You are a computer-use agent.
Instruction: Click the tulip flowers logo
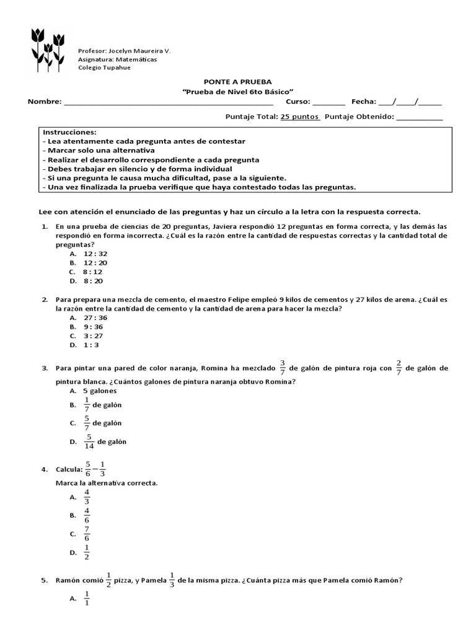pyautogui.click(x=48, y=47)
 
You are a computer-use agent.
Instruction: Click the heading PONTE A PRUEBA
pyautogui.click(x=238, y=82)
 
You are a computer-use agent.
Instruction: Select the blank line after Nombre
pyautogui.click(x=167, y=102)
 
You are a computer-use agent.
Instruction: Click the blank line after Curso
pyautogui.click(x=328, y=102)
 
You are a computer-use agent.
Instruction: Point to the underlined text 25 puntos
pyautogui.click(x=300, y=116)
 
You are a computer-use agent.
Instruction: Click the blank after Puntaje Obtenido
pyautogui.click(x=419, y=117)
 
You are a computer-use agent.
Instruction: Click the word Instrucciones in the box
pyautogui.click(x=70, y=133)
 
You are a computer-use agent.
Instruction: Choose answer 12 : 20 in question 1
pyautogui.click(x=95, y=263)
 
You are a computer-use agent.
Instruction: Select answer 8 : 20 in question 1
pyautogui.click(x=93, y=281)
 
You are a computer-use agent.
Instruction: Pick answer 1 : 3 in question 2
pyautogui.click(x=91, y=345)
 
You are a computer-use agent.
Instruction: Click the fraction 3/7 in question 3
pyautogui.click(x=282, y=367)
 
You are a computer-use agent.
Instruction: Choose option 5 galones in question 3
pyautogui.click(x=100, y=391)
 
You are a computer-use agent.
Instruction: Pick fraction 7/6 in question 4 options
pyautogui.click(x=87, y=534)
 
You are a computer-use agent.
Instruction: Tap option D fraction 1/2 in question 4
pyautogui.click(x=87, y=553)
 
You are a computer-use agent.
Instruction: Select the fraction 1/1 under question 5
pyautogui.click(x=87, y=598)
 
